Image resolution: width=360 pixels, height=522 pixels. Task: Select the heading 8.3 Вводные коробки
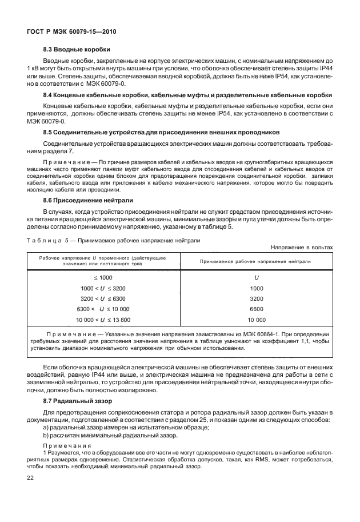[x=77, y=49]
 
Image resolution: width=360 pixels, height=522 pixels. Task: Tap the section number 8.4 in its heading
[x=48, y=94]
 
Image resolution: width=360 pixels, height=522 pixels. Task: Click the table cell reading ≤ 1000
[x=103, y=277]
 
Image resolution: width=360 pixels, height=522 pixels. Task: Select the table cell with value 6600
[x=257, y=309]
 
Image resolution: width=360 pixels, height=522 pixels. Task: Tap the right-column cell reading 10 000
[x=257, y=320]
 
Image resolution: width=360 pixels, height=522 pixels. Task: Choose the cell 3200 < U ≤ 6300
[x=103, y=298]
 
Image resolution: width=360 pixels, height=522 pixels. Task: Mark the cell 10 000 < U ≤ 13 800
[x=103, y=320]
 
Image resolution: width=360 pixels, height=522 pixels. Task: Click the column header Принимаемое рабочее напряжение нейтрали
[x=256, y=261]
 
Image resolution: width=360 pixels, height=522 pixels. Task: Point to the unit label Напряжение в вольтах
[x=302, y=247]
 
